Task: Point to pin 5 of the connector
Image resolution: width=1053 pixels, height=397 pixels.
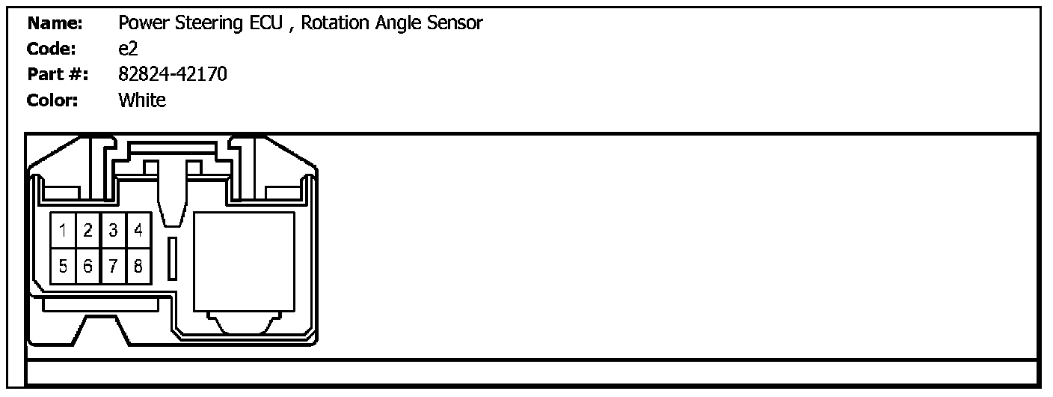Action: [x=64, y=266]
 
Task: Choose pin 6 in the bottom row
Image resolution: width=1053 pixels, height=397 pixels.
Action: [x=88, y=266]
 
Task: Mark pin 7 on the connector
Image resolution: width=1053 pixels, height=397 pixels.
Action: [x=113, y=266]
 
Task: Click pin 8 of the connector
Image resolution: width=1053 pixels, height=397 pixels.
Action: [x=138, y=266]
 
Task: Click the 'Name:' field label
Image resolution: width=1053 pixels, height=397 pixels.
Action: [x=55, y=23]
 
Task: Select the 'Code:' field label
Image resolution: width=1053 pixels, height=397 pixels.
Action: [x=52, y=49]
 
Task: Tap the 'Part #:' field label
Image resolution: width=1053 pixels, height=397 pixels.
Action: [x=58, y=75]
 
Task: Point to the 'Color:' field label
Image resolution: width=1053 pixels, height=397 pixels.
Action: [x=52, y=100]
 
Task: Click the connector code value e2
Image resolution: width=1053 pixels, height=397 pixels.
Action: [x=128, y=49]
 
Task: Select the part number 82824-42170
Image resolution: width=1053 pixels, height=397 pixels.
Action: [x=173, y=75]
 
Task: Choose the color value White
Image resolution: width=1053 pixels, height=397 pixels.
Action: [x=142, y=100]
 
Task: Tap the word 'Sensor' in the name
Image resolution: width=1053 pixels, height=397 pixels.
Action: [x=454, y=23]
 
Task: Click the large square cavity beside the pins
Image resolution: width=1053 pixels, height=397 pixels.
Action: [x=244, y=261]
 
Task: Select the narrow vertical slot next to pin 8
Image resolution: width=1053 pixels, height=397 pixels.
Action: [x=171, y=259]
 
